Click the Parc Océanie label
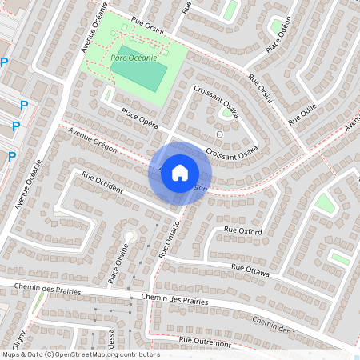(x=134, y=58)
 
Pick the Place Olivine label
(x=119, y=257)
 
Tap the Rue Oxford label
(x=244, y=230)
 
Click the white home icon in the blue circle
(x=179, y=172)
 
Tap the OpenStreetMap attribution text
(x=80, y=354)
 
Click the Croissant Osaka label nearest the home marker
(x=231, y=150)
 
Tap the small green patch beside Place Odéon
(x=277, y=27)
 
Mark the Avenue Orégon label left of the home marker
(x=93, y=140)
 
